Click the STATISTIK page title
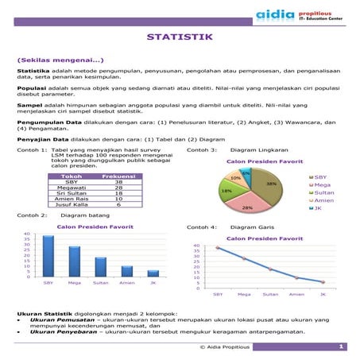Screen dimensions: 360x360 coord(179,37)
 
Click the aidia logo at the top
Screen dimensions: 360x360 coord(273,14)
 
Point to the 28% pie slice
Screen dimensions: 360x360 coord(248,203)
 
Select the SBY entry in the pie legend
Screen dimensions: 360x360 coord(320,177)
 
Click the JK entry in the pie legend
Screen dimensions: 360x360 coord(318,208)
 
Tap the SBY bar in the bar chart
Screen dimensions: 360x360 coord(48,256)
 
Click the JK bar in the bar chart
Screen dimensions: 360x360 coord(153,273)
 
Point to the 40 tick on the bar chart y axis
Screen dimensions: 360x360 coord(27,235)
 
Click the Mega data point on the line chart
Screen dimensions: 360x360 coord(244,259)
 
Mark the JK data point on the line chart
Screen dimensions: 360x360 coord(323,282)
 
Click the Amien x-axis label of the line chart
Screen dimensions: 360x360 coord(296,295)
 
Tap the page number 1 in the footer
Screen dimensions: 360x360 coord(341,346)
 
